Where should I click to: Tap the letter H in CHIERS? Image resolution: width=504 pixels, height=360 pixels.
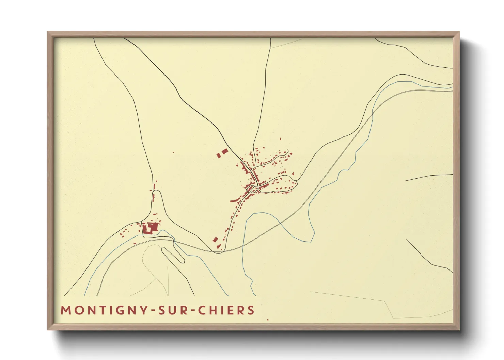tap(212, 310)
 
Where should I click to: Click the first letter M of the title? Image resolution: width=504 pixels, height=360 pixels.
tap(65, 310)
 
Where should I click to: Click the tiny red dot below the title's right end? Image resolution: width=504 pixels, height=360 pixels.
tap(268, 320)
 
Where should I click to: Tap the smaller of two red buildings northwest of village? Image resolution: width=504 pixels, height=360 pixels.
tap(219, 156)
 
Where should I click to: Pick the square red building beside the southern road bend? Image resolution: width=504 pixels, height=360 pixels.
tap(215, 240)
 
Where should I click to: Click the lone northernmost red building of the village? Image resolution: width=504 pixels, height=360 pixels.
tap(280, 139)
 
